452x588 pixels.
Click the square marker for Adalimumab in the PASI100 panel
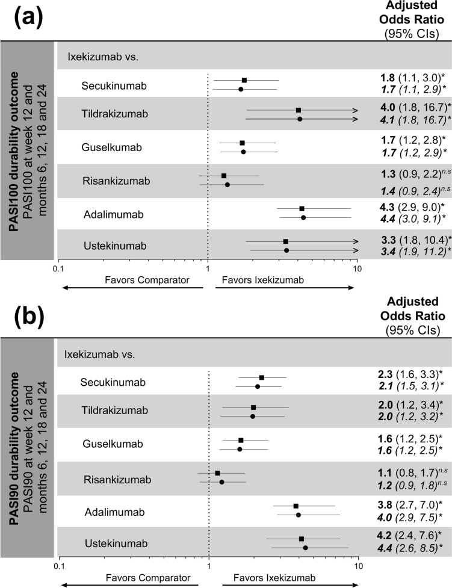click(302, 208)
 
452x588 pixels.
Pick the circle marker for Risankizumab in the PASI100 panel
click(227, 184)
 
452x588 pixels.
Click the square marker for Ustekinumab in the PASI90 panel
click(302, 539)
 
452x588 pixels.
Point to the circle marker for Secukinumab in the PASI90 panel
click(258, 386)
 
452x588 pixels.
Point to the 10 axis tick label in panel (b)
click(359, 566)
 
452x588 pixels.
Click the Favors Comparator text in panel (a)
click(140, 279)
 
